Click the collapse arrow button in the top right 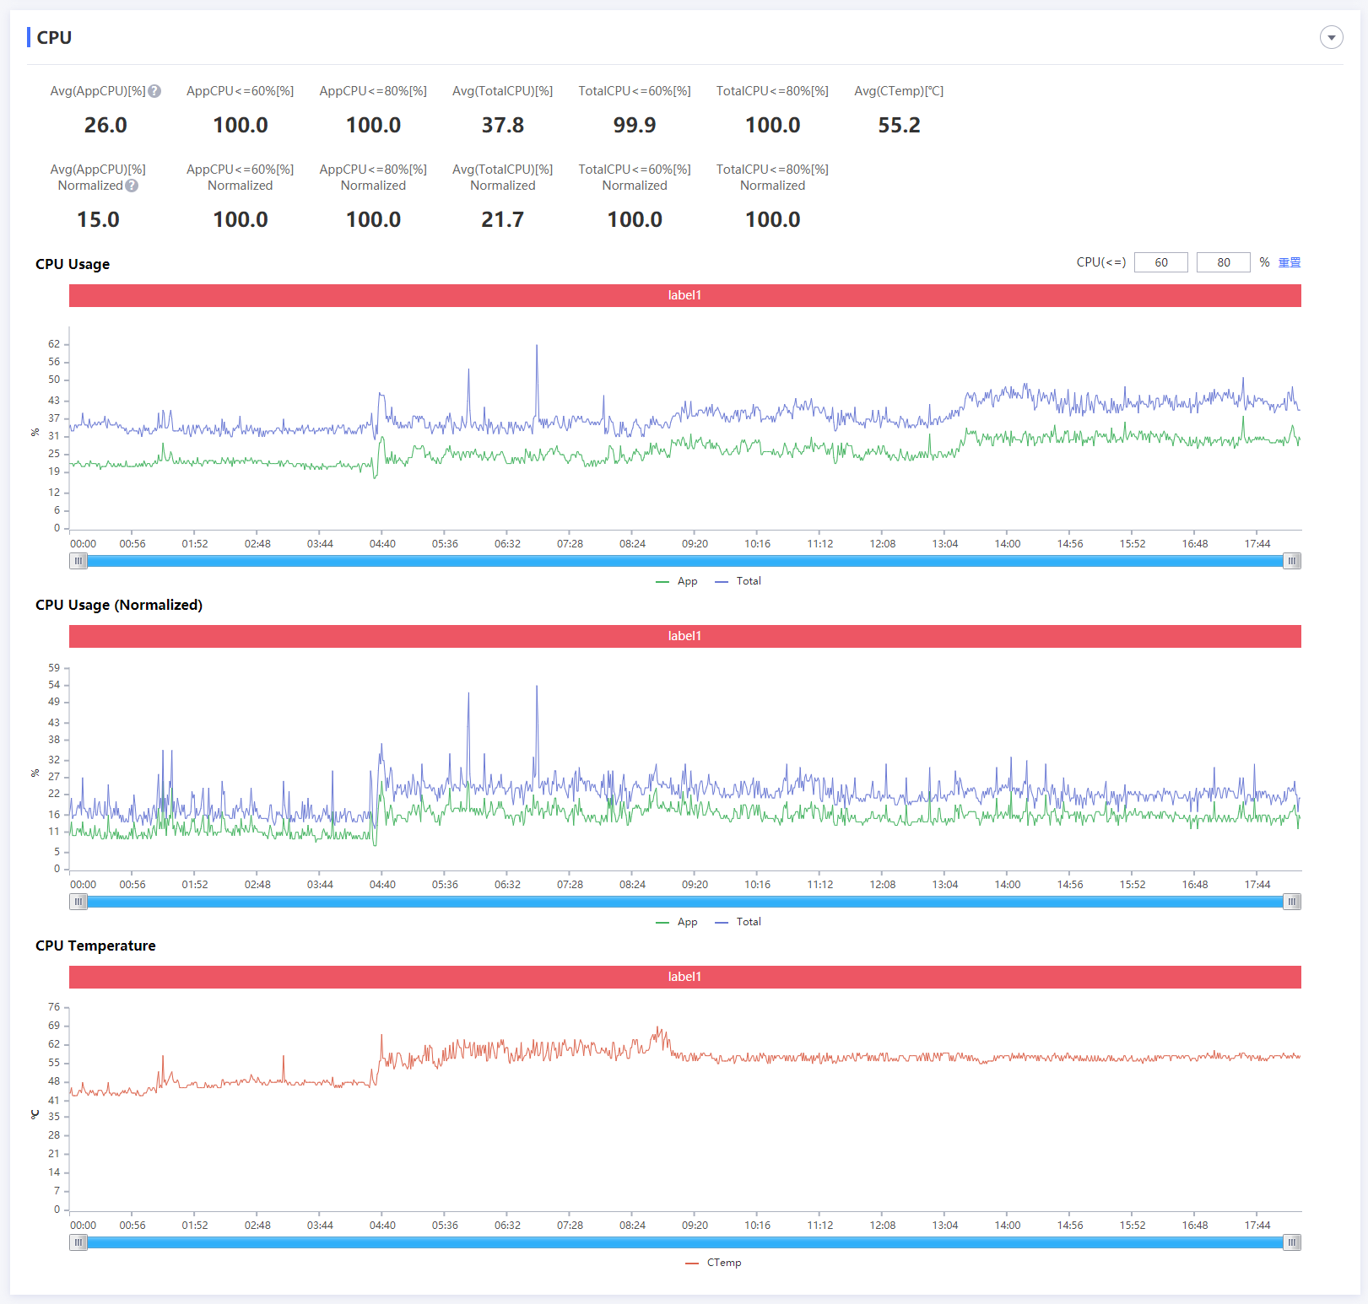click(x=1331, y=37)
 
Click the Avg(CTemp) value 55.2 click(x=899, y=126)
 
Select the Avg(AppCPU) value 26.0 click(x=105, y=126)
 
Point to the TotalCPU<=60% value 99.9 click(x=634, y=126)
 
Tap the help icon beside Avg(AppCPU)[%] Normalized click(x=132, y=186)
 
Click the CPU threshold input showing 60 click(x=1160, y=262)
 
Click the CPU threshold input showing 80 click(x=1223, y=262)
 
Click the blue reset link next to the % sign click(x=1290, y=262)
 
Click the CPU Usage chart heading click(x=73, y=264)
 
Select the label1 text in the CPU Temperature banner click(x=684, y=977)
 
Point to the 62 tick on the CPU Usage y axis click(x=54, y=344)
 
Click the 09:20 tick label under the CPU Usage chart click(x=695, y=544)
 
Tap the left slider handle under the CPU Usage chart click(x=78, y=561)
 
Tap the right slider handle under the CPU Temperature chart click(x=1291, y=1242)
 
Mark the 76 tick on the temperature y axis click(x=54, y=1007)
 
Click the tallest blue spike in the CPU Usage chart click(x=537, y=347)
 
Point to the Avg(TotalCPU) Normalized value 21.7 click(x=502, y=220)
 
